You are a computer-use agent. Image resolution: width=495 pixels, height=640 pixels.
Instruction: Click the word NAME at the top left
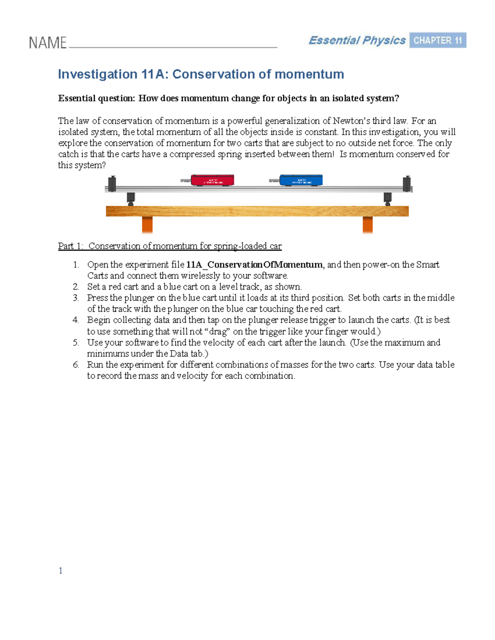point(47,43)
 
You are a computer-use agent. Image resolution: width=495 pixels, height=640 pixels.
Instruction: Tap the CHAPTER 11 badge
point(437,40)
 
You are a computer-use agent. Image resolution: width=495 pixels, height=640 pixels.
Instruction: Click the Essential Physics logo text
point(357,40)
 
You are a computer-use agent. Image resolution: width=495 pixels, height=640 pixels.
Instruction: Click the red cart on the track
point(212,180)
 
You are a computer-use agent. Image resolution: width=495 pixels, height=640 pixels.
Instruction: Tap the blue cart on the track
point(301,180)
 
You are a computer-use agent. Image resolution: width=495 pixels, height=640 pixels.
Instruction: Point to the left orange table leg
point(147,225)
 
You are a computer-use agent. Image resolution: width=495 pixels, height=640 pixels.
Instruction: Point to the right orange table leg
point(368,225)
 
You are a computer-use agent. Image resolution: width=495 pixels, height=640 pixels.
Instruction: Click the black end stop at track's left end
point(112,183)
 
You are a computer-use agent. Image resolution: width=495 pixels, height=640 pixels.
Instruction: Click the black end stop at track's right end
point(407,183)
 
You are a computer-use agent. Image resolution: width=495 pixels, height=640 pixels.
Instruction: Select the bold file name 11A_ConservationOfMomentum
point(254,265)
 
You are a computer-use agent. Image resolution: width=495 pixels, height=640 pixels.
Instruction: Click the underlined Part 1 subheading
point(170,246)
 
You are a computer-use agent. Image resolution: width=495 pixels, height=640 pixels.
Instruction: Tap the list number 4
point(75,320)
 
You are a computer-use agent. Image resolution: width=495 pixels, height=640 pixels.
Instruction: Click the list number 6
point(75,365)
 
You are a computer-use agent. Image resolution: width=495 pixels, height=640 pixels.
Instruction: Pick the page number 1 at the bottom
point(61,570)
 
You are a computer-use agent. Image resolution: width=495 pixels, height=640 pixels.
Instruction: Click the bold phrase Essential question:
point(97,98)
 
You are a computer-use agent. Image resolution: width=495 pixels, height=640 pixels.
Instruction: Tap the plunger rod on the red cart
point(185,181)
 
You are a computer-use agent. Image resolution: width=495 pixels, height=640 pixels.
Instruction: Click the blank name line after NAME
point(173,46)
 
